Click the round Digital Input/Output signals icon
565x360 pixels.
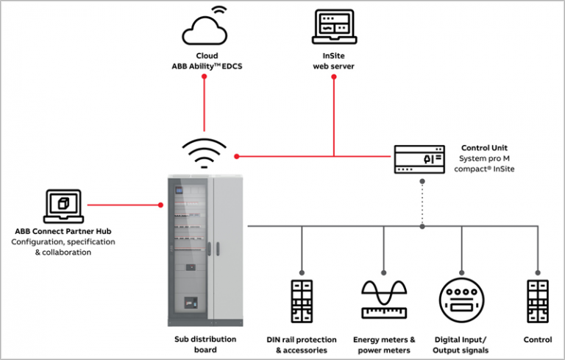coord(462,301)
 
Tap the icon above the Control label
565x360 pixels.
coord(539,301)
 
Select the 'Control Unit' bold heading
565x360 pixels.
coord(485,147)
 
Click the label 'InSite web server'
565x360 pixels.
coord(334,61)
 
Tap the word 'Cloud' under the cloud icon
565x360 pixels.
coord(207,56)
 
